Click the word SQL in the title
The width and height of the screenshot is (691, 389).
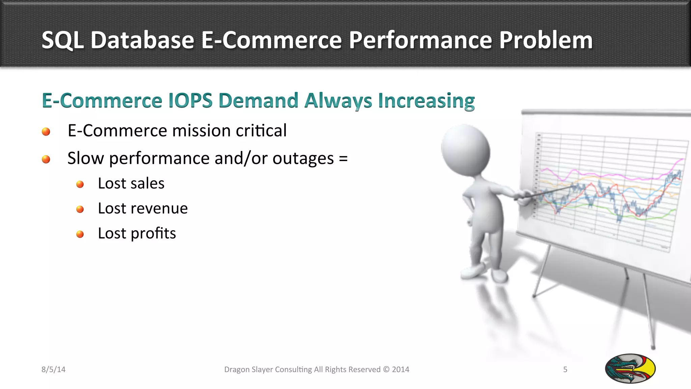tap(62, 41)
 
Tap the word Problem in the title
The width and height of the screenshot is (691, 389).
tap(546, 41)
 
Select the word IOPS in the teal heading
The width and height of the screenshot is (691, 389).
tap(190, 101)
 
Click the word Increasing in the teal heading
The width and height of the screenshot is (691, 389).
tap(426, 101)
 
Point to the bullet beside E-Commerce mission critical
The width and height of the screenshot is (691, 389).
tap(46, 132)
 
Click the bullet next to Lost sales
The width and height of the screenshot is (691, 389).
tap(80, 184)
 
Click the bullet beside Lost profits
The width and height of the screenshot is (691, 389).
tap(80, 234)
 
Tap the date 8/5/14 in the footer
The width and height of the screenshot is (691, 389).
tap(53, 369)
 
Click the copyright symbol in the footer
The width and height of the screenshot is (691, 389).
tap(386, 369)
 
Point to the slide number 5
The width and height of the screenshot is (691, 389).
tap(565, 369)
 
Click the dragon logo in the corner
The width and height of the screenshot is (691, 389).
tap(630, 368)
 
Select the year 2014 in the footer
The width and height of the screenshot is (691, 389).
tap(400, 369)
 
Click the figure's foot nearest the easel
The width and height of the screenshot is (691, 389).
tap(499, 275)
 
